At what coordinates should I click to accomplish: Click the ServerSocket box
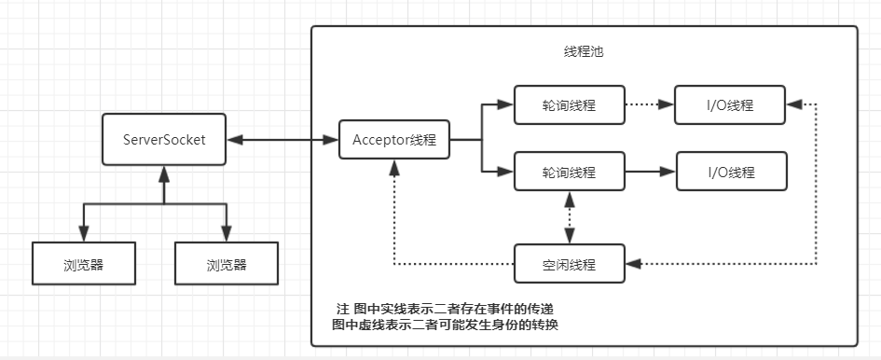pyautogui.click(x=163, y=140)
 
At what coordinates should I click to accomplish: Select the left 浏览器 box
pyautogui.click(x=83, y=264)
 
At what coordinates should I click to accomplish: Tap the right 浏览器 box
pyautogui.click(x=227, y=264)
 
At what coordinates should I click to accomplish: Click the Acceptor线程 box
pyautogui.click(x=394, y=140)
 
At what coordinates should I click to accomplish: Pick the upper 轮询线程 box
pyautogui.click(x=569, y=105)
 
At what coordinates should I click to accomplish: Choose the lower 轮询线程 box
pyautogui.click(x=569, y=172)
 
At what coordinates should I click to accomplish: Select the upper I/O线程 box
pyautogui.click(x=730, y=105)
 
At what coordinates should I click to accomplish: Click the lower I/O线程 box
pyautogui.click(x=730, y=172)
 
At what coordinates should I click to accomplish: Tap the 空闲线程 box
pyautogui.click(x=569, y=264)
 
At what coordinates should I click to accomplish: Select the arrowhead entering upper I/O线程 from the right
pyautogui.click(x=793, y=105)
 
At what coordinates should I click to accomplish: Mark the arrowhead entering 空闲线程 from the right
pyautogui.click(x=632, y=264)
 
